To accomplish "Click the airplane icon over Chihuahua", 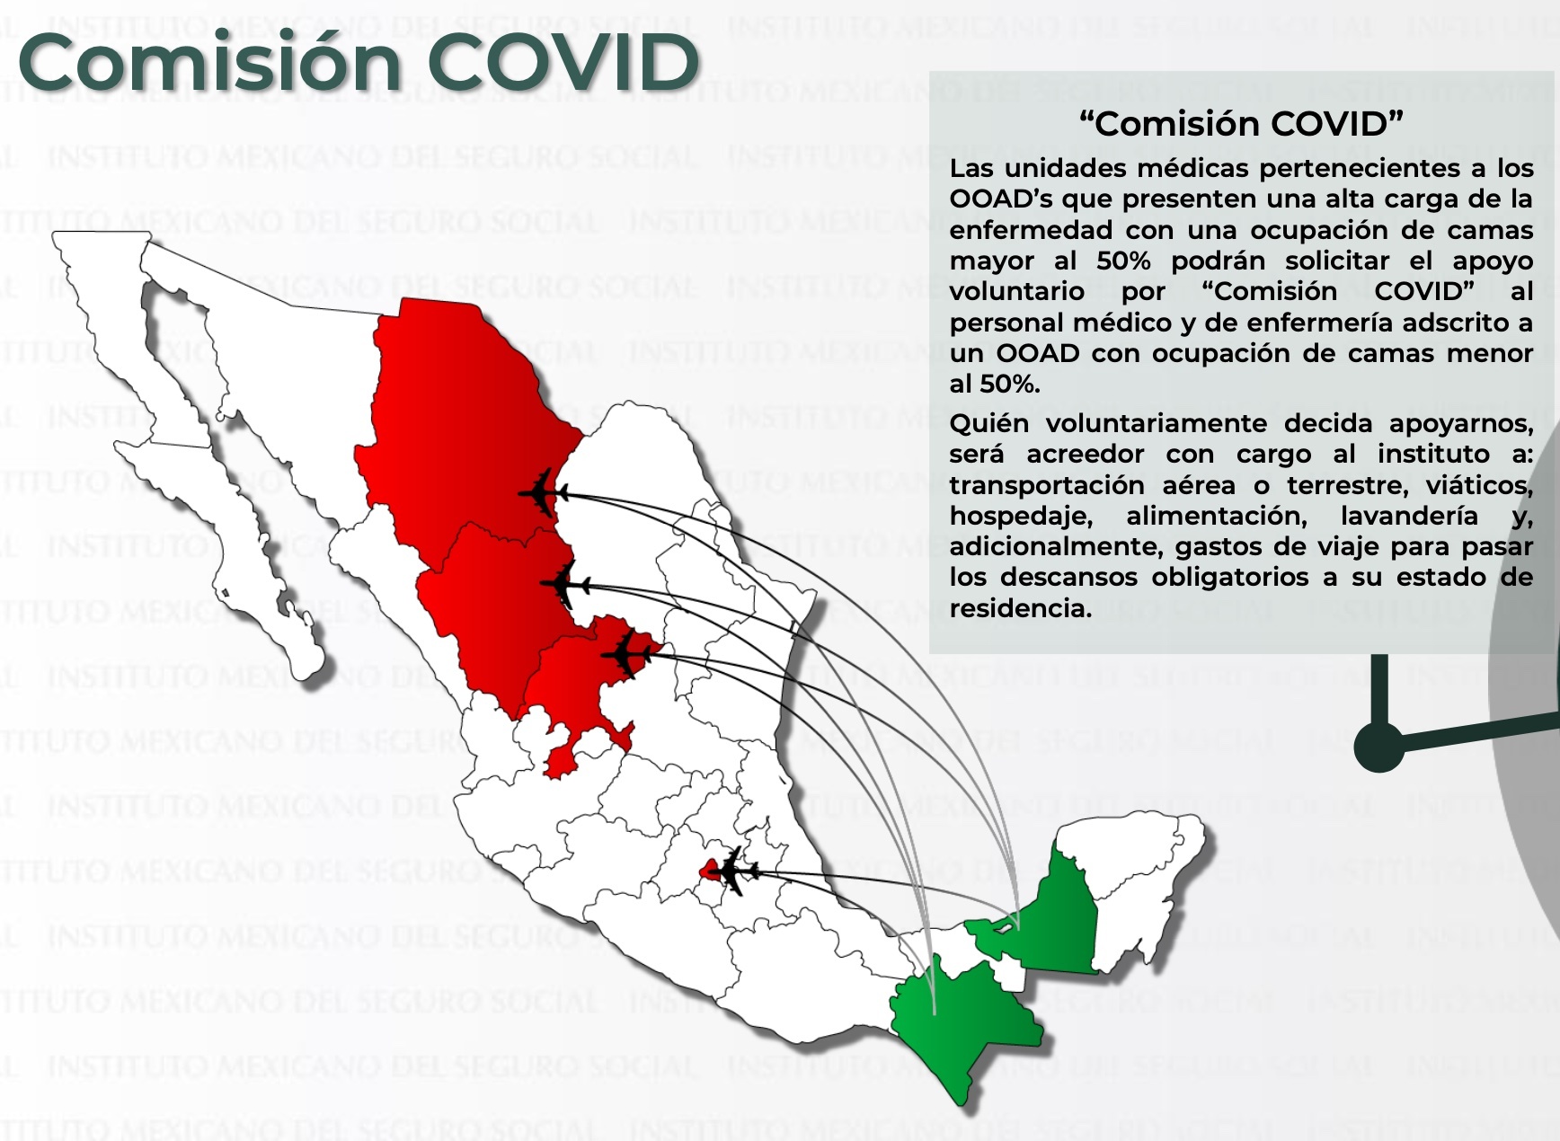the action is coord(544,492).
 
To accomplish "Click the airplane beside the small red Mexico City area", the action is coord(735,870).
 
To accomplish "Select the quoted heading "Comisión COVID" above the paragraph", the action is coord(1241,123).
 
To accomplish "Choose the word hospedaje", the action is coord(1021,517).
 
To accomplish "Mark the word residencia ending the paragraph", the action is coord(1021,608).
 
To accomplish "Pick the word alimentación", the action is coord(1217,516).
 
